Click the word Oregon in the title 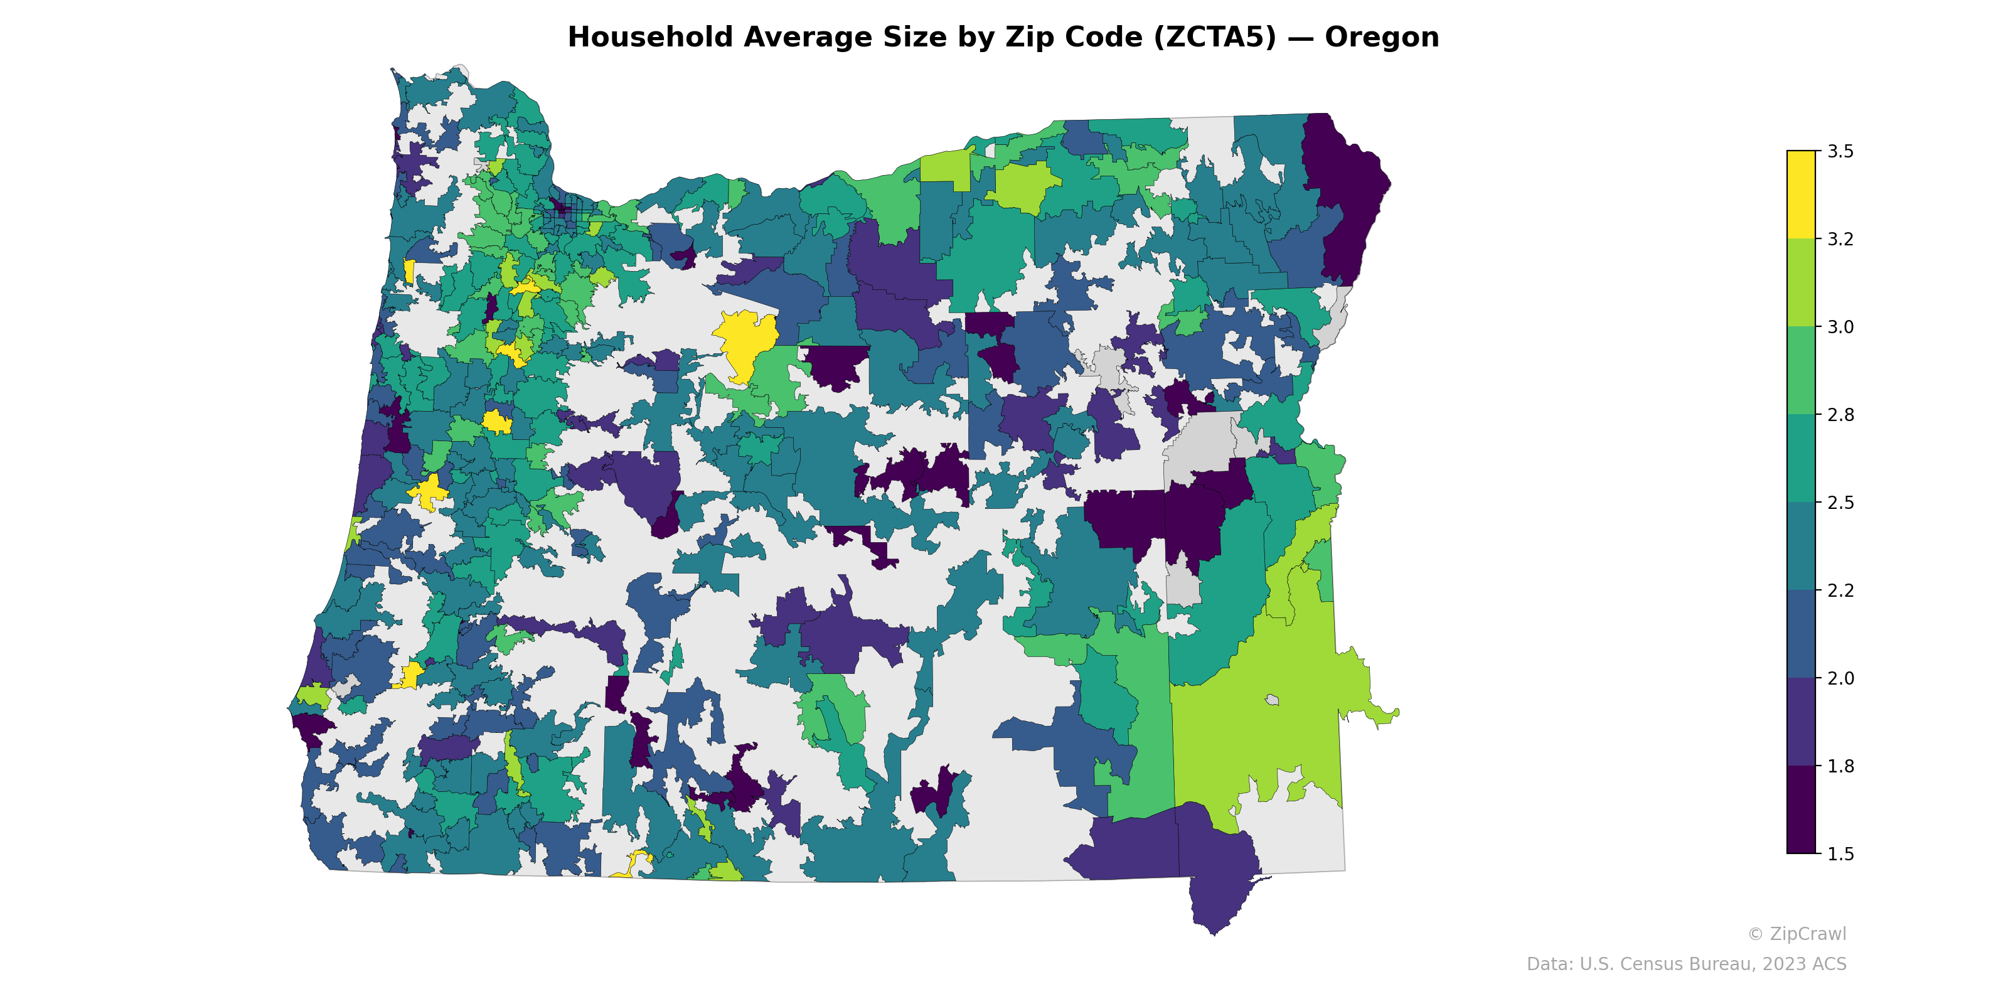click(x=1381, y=38)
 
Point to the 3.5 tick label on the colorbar click(x=1840, y=151)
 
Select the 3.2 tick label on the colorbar click(x=1840, y=239)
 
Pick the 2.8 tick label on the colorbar click(x=1840, y=415)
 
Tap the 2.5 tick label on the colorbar click(x=1840, y=503)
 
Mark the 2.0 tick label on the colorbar click(x=1840, y=678)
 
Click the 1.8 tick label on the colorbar click(x=1840, y=766)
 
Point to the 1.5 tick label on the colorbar click(x=1840, y=854)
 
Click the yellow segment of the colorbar click(x=1801, y=195)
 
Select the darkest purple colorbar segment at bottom click(x=1801, y=811)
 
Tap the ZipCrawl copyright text click(x=1797, y=934)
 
